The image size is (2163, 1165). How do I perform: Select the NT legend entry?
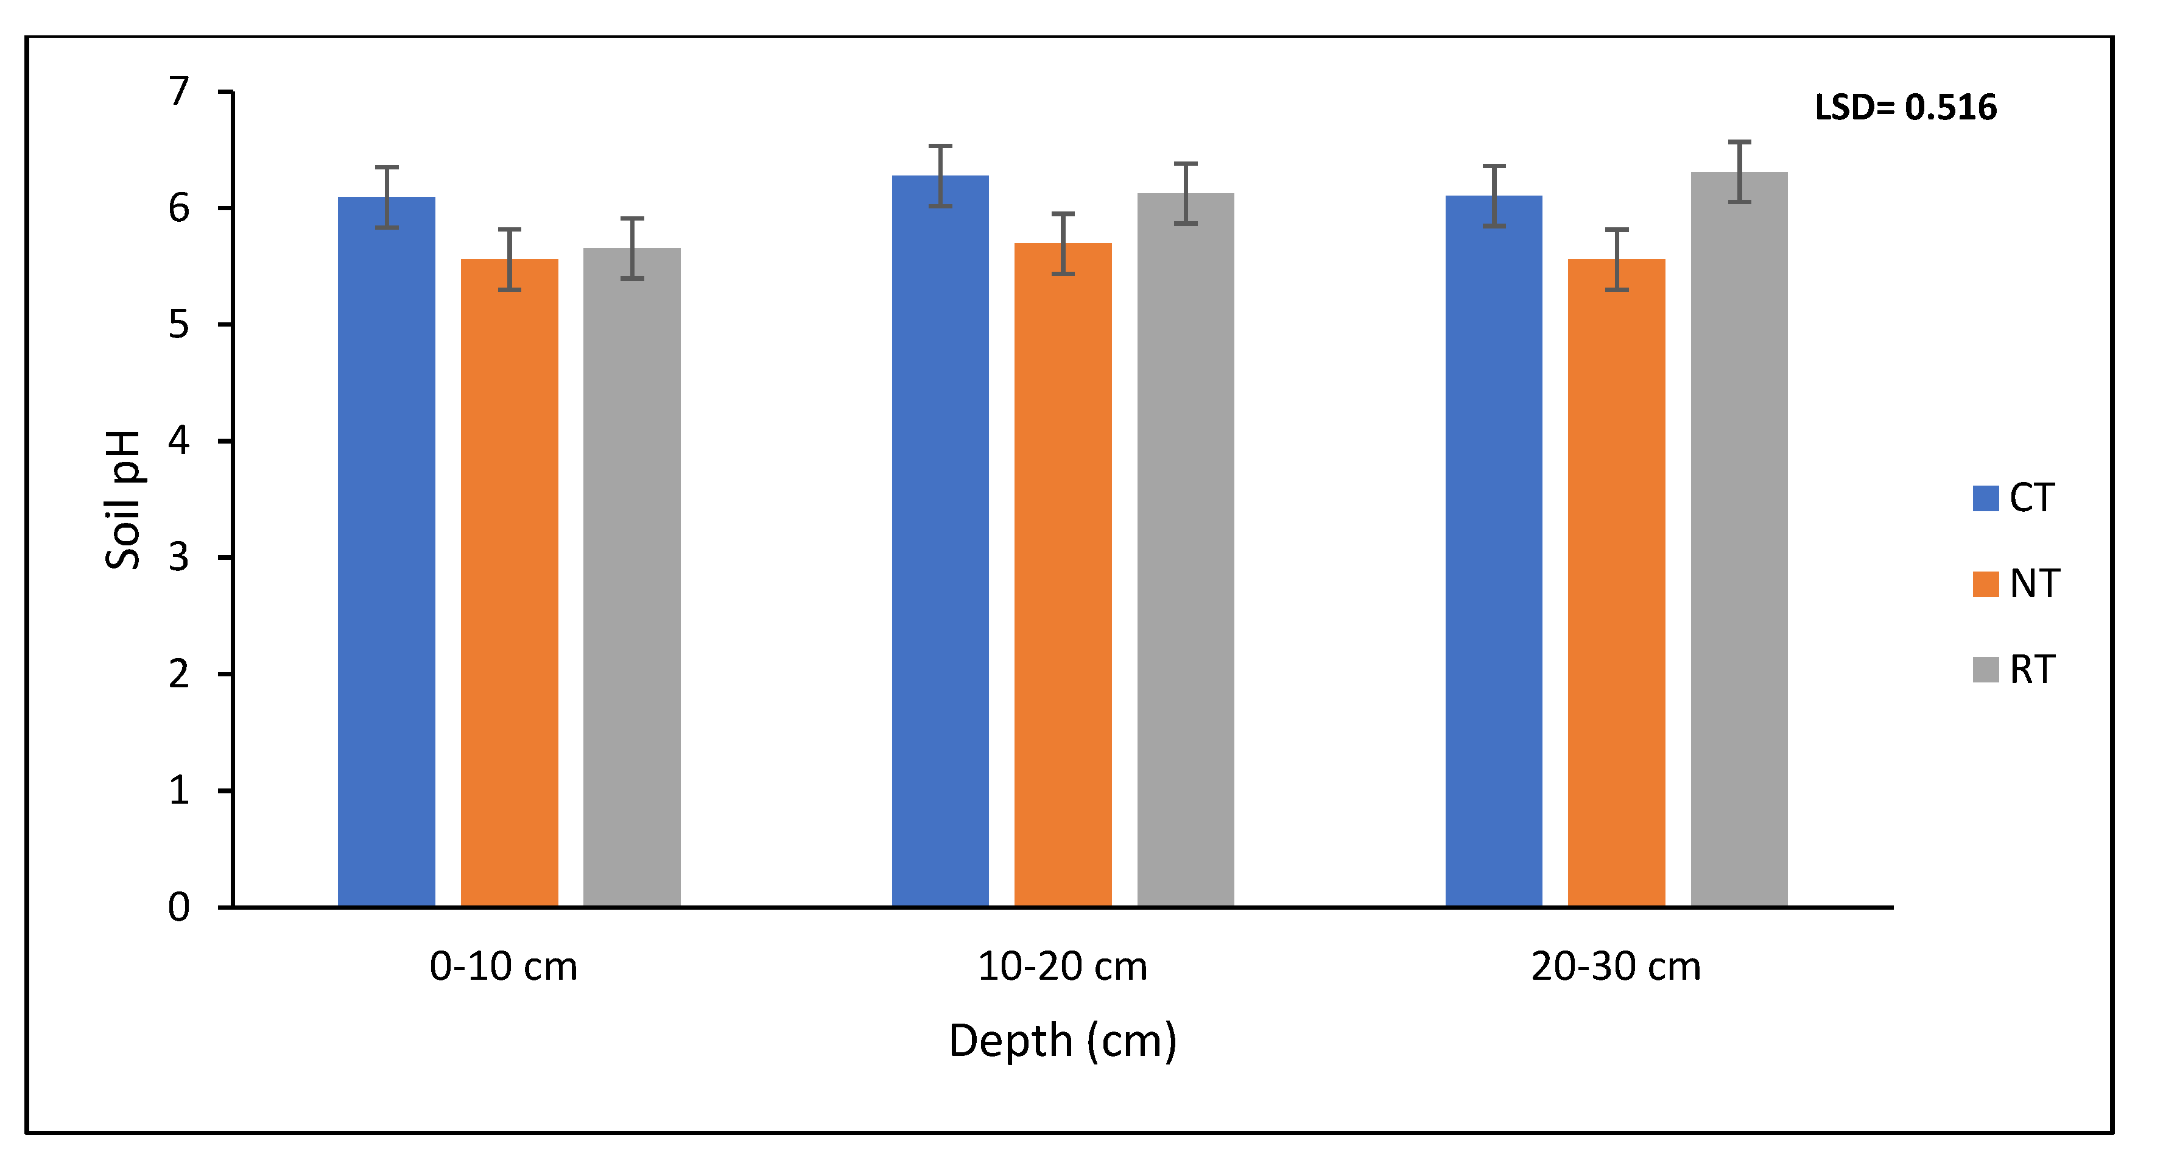pos(2015,584)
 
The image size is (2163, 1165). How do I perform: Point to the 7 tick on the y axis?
pos(179,91)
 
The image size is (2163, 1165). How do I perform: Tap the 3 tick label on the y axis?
pos(179,558)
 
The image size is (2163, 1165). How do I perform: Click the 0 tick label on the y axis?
pos(179,907)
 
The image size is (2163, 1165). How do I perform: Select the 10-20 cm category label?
pos(1062,967)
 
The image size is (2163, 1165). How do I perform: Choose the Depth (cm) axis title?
pos(1062,1041)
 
